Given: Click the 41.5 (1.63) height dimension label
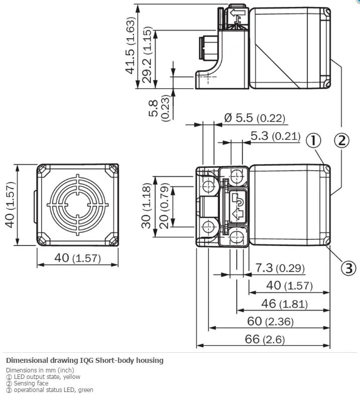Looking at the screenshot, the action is click(131, 46).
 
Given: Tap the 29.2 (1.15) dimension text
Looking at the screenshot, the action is click(147, 55).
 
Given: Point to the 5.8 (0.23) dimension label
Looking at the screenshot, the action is click(159, 108).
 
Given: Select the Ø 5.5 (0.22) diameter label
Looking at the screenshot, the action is click(255, 117).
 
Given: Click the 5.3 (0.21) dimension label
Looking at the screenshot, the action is click(276, 136).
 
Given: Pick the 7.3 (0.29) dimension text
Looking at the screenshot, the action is click(280, 268).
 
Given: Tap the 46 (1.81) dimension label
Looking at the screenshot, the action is click(285, 304).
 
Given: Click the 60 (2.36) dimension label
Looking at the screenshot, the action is click(270, 321).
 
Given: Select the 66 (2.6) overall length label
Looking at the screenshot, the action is click(265, 339).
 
